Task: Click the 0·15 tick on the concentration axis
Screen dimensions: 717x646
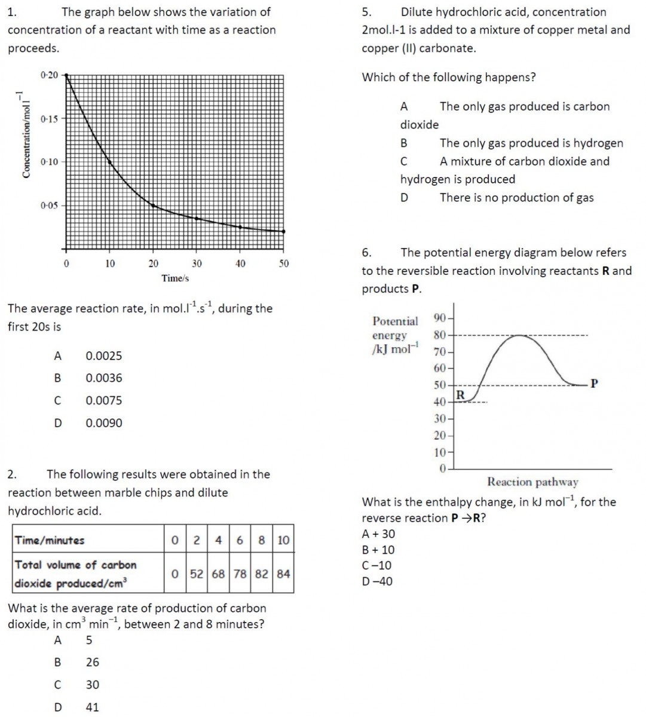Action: point(50,118)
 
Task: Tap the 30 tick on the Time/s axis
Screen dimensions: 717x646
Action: point(197,263)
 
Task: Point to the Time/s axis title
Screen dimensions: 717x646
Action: point(174,278)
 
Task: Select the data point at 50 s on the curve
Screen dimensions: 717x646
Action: point(283,231)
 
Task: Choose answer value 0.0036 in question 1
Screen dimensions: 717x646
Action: point(104,378)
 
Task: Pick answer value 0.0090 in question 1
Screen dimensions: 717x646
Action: point(104,423)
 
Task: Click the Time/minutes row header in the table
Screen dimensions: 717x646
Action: point(50,540)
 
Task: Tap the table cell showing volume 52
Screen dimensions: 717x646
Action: point(197,574)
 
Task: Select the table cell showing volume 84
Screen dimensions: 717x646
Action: point(283,574)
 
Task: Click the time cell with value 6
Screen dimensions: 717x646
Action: point(240,540)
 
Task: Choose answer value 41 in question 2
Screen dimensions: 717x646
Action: point(92,707)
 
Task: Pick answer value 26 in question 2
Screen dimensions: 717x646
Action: point(92,662)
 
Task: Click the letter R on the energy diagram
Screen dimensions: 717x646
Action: point(460,395)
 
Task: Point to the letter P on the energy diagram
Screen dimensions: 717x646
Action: point(593,383)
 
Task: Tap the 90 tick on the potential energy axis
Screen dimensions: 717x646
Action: point(440,317)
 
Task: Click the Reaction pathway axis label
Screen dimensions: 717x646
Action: point(532,482)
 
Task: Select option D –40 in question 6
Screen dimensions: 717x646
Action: point(378,581)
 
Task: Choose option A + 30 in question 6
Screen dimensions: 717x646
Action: point(379,534)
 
